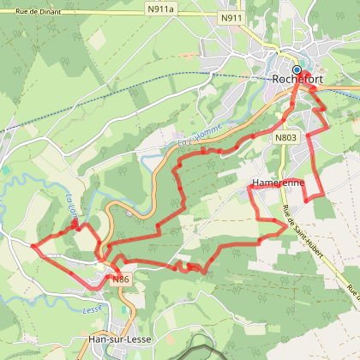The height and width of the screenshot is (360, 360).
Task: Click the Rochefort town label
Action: click(x=299, y=81)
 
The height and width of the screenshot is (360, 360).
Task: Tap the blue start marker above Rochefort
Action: click(x=297, y=69)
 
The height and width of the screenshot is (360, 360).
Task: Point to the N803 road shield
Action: click(x=285, y=137)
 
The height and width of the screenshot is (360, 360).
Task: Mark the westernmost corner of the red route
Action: click(x=33, y=246)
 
